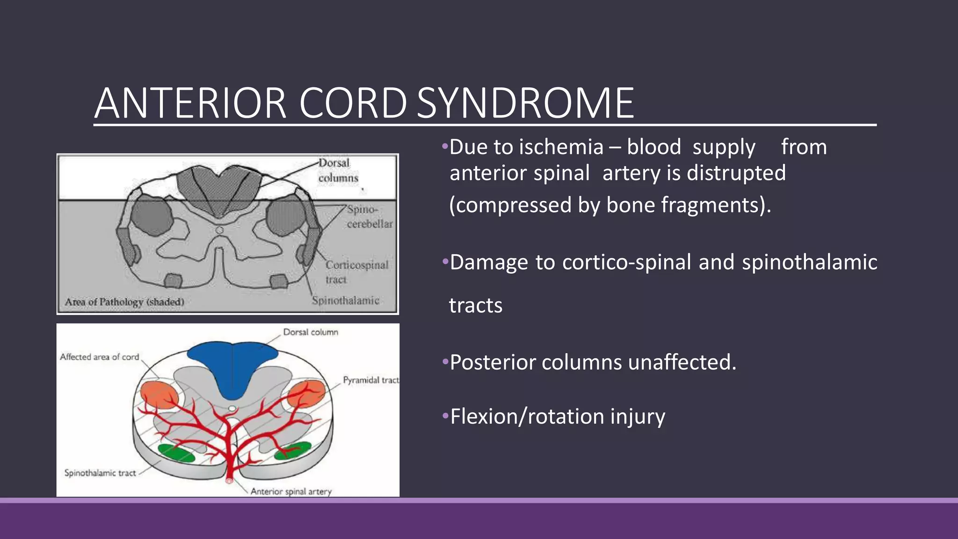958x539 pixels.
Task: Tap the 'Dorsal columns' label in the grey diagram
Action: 337,170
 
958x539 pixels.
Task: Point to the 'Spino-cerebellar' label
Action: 369,217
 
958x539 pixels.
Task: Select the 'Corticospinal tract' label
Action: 356,272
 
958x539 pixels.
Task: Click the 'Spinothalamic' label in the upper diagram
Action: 345,300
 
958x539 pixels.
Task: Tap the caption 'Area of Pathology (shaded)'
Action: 124,302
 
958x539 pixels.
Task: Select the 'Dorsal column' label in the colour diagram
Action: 311,332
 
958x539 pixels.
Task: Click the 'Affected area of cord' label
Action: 100,357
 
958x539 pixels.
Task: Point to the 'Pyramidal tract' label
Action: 370,380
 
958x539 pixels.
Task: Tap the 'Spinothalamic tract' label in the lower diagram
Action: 100,473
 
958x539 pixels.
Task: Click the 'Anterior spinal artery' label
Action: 291,491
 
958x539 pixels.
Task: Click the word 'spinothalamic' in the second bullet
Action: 809,262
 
